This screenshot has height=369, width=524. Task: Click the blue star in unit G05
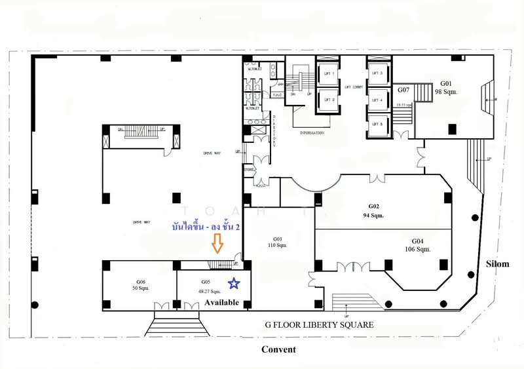click(233, 283)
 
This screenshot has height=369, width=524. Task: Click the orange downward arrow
click(217, 244)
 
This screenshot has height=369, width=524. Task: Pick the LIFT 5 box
click(377, 125)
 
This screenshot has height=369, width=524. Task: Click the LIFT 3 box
click(377, 74)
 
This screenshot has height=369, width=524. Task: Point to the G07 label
click(403, 90)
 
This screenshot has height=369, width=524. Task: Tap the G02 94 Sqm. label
click(373, 210)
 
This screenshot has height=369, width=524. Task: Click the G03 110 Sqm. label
click(277, 242)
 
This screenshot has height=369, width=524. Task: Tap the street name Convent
click(278, 349)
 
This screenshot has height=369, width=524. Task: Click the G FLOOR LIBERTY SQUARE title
click(318, 324)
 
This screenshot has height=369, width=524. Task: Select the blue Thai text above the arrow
click(206, 227)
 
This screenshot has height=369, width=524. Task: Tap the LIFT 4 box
click(377, 100)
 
